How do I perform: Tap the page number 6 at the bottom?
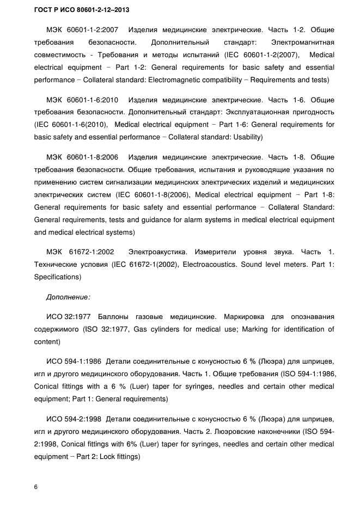(x=36, y=487)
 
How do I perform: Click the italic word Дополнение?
(x=68, y=297)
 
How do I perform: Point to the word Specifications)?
(x=57, y=277)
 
